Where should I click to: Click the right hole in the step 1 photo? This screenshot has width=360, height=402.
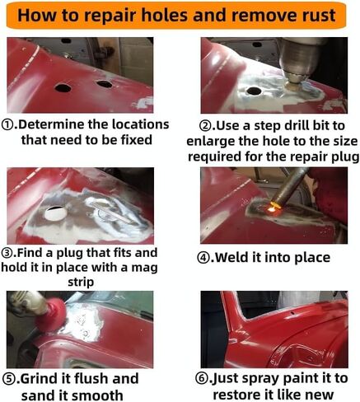coord(104,83)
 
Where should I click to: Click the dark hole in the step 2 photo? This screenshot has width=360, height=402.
coord(255,90)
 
